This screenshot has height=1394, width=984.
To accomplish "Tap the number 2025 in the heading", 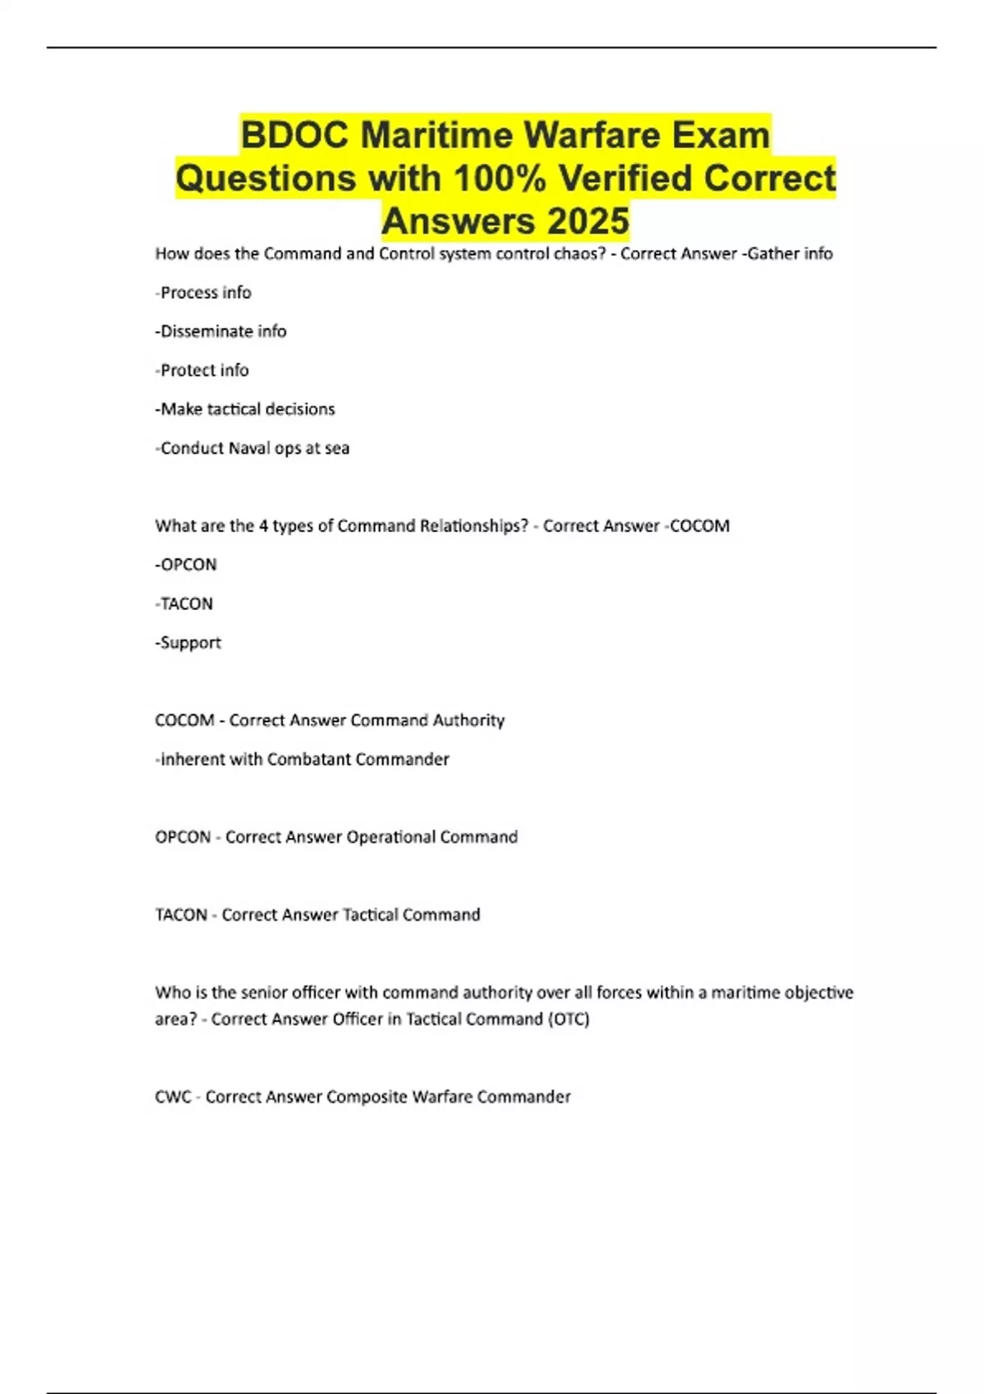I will point(588,221).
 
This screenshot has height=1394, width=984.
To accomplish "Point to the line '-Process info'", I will point(203,293).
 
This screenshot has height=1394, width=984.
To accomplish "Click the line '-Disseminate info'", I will point(221,331).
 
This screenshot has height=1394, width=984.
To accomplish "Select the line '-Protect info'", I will point(202,371).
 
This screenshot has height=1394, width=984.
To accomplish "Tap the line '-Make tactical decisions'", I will point(245,409).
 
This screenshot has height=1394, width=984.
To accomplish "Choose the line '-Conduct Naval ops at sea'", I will point(253,449).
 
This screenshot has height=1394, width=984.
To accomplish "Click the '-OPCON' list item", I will point(186,565).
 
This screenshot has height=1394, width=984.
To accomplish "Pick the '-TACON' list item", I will point(184,604).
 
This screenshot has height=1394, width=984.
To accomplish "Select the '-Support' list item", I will point(189,643).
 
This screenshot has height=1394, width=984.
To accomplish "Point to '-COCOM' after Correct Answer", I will point(697,526).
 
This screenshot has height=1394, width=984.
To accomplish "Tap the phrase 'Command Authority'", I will point(427,721).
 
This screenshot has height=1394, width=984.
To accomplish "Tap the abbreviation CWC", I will point(173,1097).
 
